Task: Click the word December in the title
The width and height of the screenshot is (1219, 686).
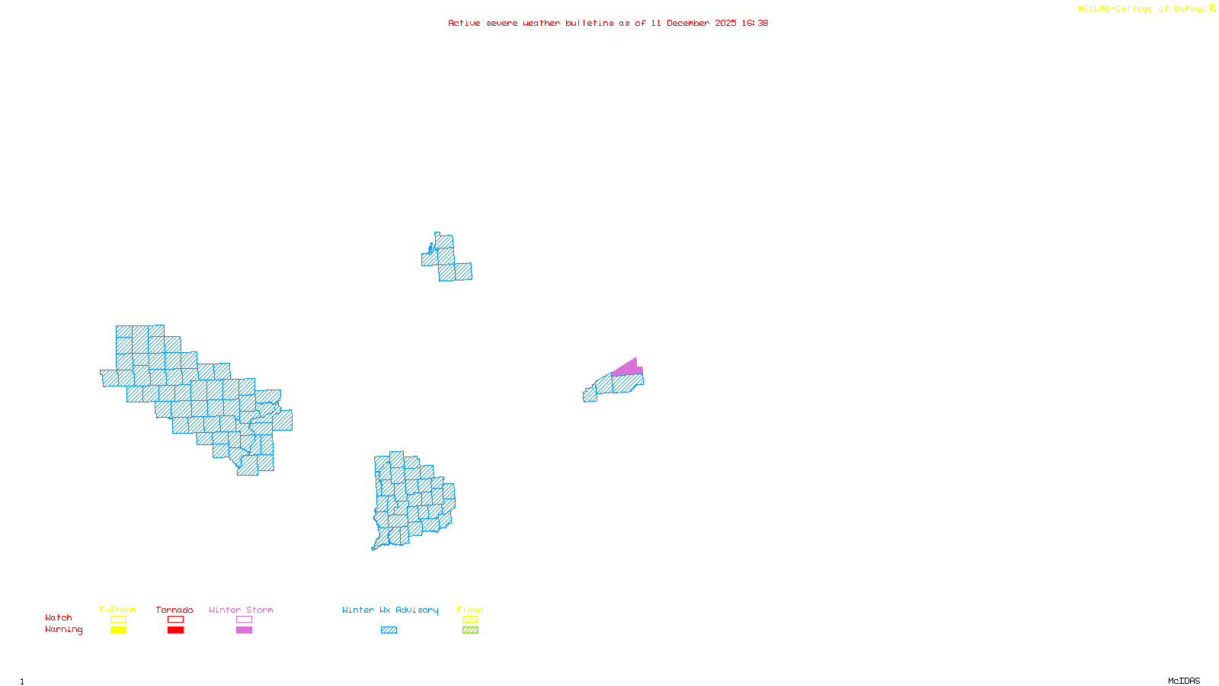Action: (688, 23)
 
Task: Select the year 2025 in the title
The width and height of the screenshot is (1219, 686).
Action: (726, 23)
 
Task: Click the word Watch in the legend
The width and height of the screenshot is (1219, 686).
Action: (59, 617)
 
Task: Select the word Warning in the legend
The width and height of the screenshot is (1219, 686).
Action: (64, 630)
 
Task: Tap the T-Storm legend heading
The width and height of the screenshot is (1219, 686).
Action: (117, 610)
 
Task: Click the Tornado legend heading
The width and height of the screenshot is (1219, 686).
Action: (174, 610)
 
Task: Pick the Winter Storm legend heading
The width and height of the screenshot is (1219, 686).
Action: (241, 610)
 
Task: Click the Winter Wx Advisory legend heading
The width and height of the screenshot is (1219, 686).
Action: (390, 610)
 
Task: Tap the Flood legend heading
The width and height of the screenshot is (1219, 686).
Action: (470, 610)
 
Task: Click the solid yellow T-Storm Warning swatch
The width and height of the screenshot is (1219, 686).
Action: (118, 630)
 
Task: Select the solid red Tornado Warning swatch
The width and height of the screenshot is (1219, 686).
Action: (175, 630)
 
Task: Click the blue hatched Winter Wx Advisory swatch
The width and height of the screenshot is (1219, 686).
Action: (389, 630)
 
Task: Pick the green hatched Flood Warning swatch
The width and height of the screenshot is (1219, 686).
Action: (470, 630)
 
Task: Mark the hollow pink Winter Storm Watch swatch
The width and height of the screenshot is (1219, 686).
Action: (244, 620)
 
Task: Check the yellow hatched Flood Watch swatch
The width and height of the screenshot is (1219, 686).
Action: (470, 620)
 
